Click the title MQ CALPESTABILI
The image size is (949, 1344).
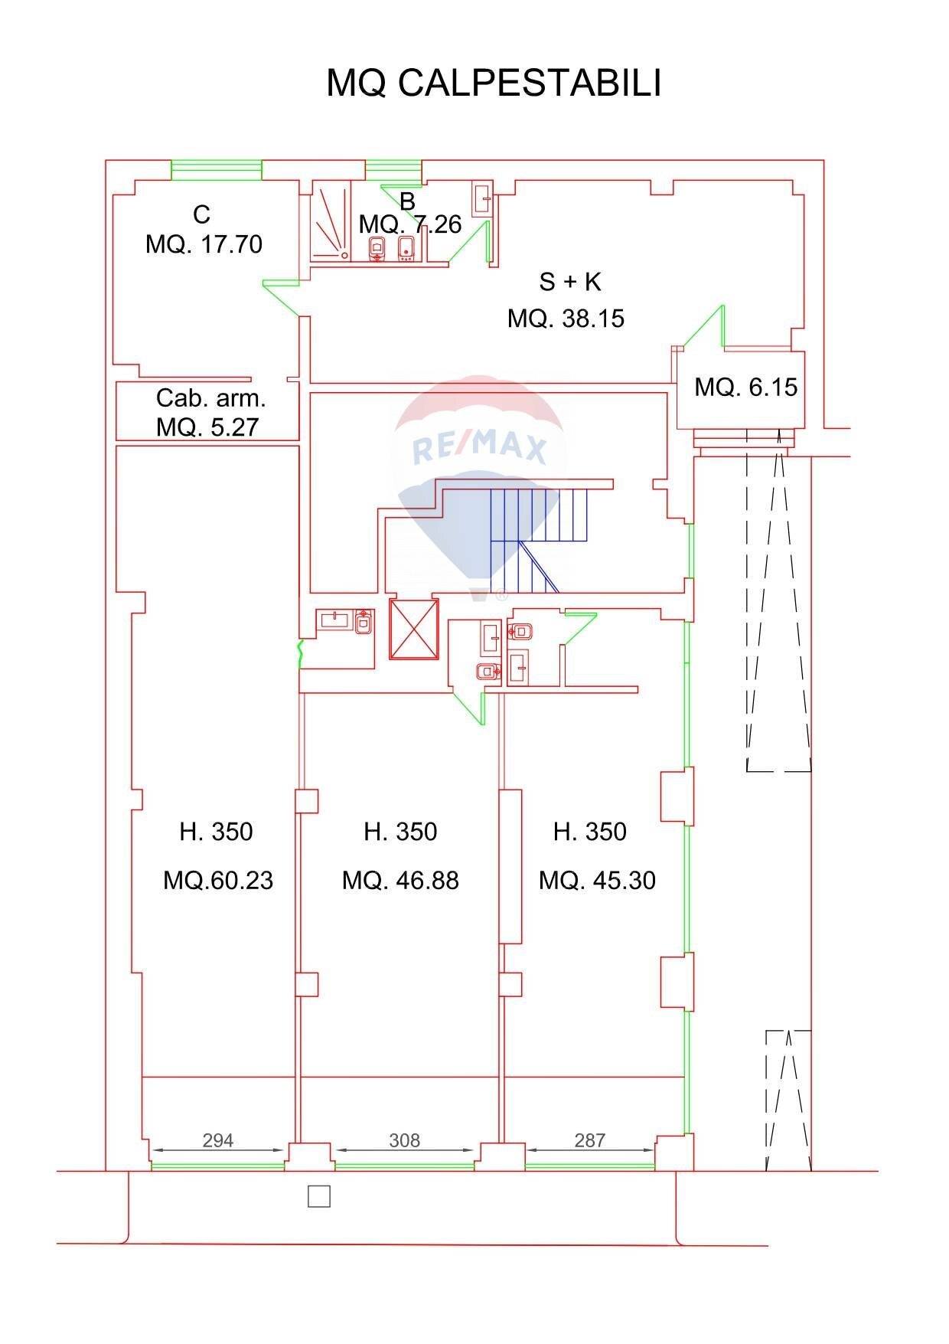click(494, 83)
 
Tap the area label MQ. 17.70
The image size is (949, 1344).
click(204, 244)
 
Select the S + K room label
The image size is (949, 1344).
click(570, 282)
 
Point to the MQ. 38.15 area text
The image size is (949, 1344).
click(566, 318)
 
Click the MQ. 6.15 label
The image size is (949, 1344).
click(745, 387)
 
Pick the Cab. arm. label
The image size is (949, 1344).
click(211, 397)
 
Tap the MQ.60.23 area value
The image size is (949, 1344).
click(218, 880)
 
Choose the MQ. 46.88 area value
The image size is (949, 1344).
click(400, 880)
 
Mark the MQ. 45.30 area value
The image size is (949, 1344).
click(597, 880)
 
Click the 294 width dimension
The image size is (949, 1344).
click(217, 1140)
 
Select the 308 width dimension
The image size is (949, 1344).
click(404, 1140)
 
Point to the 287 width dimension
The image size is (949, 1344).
click(590, 1140)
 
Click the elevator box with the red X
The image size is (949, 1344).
click(414, 629)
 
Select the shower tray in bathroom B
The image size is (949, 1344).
click(331, 222)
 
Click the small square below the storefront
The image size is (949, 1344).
click(319, 1196)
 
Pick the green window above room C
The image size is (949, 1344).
click(217, 169)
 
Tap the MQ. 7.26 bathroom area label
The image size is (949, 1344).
click(410, 224)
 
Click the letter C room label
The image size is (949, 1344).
click(202, 214)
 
